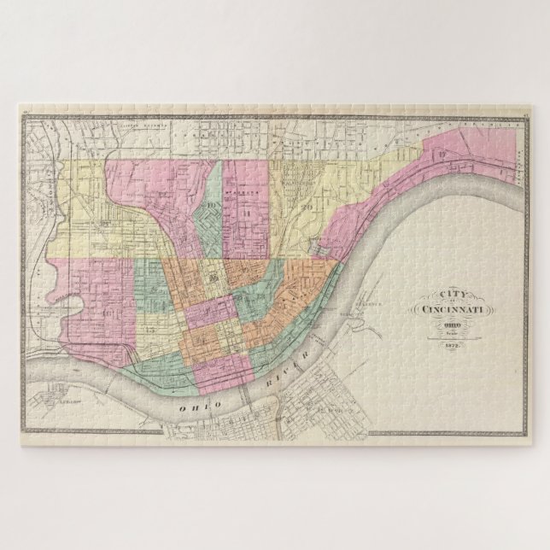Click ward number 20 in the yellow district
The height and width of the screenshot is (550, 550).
point(305,205)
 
